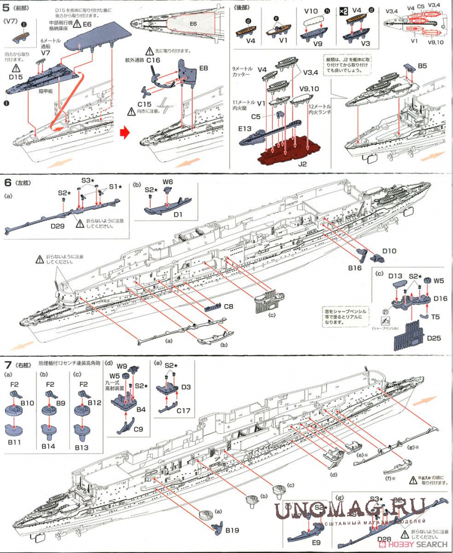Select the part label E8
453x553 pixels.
point(204,68)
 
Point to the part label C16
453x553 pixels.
point(153,60)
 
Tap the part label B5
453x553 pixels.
point(423,66)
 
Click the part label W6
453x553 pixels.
point(167,183)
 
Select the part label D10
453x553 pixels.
point(390,251)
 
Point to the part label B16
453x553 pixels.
point(355,267)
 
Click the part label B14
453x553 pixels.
point(49,447)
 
